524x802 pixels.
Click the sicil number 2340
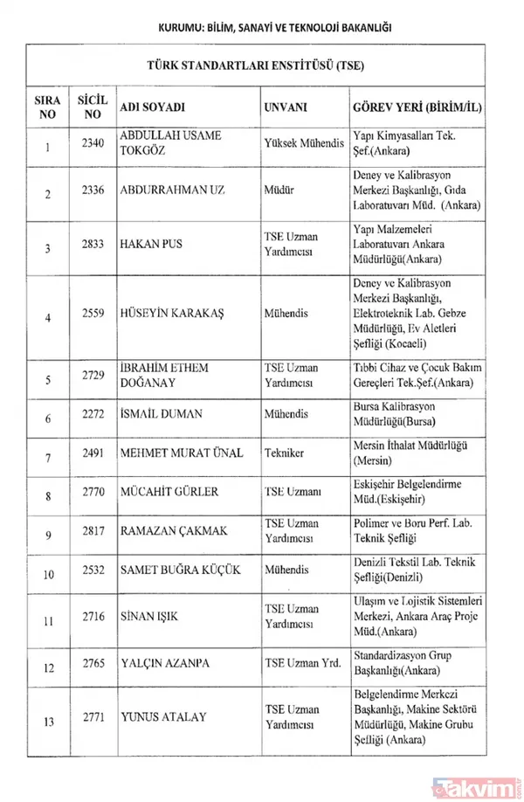pyautogui.click(x=90, y=142)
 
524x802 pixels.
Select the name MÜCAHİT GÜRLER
pyautogui.click(x=169, y=493)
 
